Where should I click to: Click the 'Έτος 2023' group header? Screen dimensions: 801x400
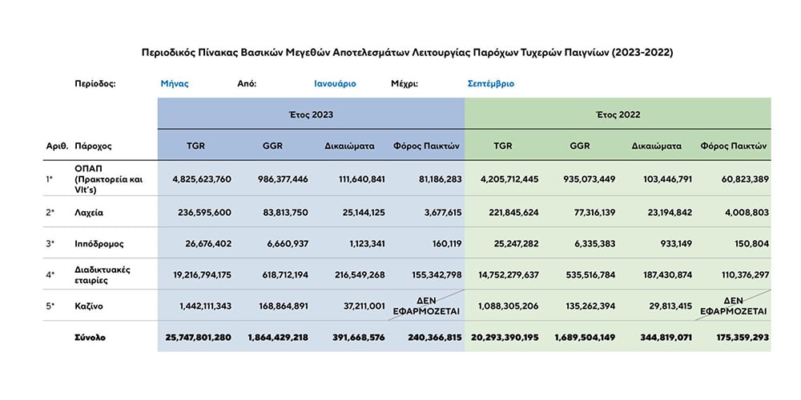tap(311, 114)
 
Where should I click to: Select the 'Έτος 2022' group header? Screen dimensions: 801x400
tap(618, 114)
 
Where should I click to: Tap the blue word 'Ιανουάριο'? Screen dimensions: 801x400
tap(335, 84)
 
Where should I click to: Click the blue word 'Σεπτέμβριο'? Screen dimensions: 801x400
tap(491, 84)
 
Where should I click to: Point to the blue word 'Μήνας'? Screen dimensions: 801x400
tap(175, 84)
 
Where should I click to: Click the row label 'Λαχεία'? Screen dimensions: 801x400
tap(89, 213)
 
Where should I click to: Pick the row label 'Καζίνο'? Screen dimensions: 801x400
tap(89, 306)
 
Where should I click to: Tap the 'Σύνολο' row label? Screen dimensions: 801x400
tap(91, 338)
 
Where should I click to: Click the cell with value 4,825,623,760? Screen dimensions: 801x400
tap(198, 179)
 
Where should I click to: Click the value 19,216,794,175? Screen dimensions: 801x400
tap(196, 275)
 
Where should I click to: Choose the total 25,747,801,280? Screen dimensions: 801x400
tap(198, 338)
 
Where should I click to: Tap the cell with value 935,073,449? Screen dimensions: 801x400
tap(585, 179)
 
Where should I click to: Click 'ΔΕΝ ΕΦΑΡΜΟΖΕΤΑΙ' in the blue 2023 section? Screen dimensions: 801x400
tap(427, 306)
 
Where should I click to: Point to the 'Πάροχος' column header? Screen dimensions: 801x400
tap(93, 146)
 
